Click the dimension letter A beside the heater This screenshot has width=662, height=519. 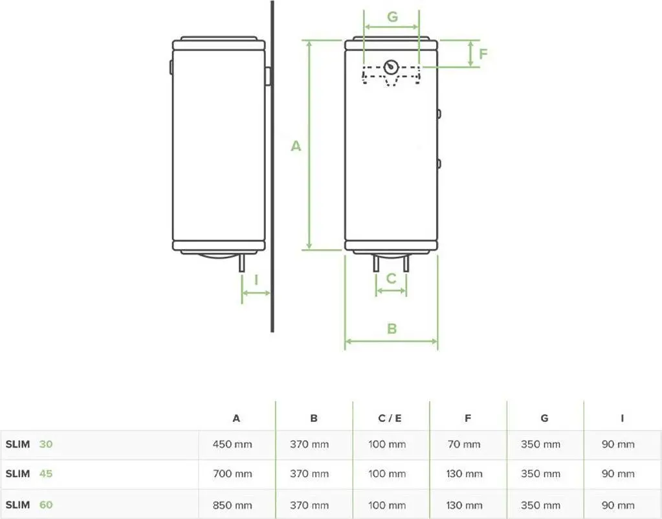coord(296,146)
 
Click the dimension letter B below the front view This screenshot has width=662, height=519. coord(392,329)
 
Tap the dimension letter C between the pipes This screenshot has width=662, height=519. coord(391,278)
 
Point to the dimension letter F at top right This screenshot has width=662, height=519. coord(483,53)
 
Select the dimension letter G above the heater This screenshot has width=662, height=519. coord(392,17)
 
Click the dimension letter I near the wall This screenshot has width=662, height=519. coord(256,280)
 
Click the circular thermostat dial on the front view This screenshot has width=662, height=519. coord(391,67)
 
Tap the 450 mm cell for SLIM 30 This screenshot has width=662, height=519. coord(232,445)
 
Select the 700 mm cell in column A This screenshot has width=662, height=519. coord(232,474)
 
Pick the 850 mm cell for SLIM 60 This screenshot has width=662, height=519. coord(232,505)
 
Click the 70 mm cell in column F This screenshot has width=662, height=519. coord(464,445)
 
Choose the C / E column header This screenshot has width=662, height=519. coord(390,419)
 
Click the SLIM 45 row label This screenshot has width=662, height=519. coord(29,474)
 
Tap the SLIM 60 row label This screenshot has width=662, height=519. coord(29,505)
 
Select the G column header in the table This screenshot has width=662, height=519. coord(544,419)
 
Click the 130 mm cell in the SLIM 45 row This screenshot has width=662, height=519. coord(464,474)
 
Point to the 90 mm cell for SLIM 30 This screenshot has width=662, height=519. coord(618,445)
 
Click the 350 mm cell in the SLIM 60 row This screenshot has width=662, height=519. coord(540,505)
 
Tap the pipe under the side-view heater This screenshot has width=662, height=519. coord(242,263)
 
